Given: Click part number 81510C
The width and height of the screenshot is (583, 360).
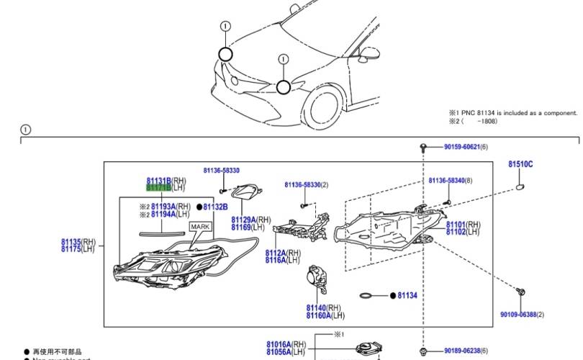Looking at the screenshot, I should coord(520,165).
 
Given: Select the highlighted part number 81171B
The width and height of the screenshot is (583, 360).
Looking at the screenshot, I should coord(158,188).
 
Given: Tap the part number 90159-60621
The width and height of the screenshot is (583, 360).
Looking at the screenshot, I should coord(461,147).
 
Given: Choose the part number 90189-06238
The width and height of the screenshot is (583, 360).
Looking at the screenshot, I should coord(461,351).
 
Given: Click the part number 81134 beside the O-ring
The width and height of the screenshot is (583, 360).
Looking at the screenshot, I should coord(407,295).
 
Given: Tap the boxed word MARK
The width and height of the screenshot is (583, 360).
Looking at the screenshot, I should coord(200,226).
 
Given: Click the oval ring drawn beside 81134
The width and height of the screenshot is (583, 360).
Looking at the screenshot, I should coord(366,296).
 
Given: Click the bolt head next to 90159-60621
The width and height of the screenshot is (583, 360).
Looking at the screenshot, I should coord(425,147).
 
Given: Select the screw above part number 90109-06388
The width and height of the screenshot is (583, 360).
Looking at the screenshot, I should coord(521,292).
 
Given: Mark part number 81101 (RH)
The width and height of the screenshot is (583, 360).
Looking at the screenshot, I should coord(456,225).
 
